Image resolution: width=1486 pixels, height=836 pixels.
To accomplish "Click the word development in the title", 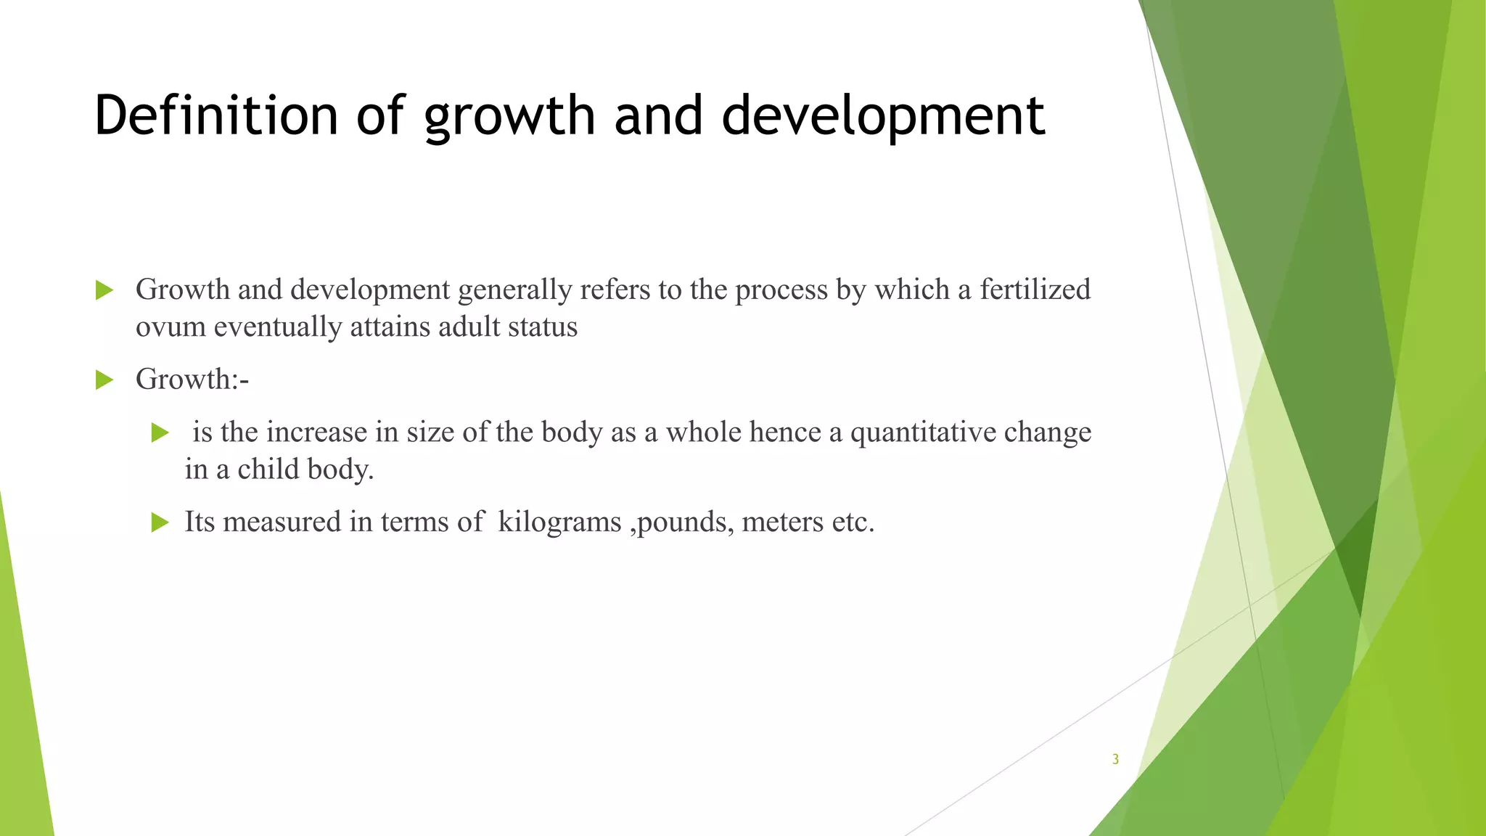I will [x=883, y=116].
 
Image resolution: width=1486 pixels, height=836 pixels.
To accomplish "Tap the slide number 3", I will [x=1115, y=759].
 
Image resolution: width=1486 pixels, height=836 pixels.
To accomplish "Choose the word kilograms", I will [x=559, y=521].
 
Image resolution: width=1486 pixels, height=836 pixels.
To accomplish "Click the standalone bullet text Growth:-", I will [x=192, y=379].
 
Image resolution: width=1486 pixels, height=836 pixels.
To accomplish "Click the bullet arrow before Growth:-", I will [x=104, y=380].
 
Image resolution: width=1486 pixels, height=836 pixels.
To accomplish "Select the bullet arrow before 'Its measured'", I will [x=160, y=522].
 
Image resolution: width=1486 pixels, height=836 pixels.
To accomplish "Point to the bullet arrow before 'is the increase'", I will [x=160, y=433].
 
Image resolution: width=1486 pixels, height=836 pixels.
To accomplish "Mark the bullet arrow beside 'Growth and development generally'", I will [x=104, y=290].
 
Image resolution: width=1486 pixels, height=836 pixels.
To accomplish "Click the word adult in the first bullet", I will [x=469, y=327].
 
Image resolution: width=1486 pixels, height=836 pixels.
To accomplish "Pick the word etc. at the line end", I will [x=853, y=521].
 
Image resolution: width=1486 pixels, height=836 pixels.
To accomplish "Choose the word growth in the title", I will [x=509, y=116].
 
